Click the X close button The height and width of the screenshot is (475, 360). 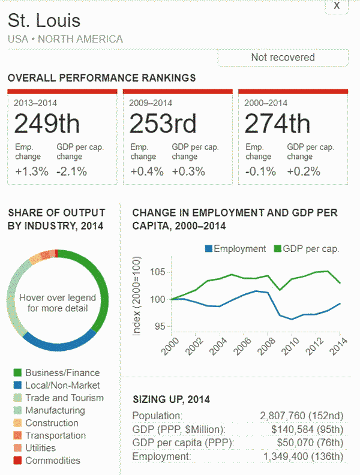(337, 5)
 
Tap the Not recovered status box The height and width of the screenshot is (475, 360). (283, 58)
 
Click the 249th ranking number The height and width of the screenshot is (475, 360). (47, 124)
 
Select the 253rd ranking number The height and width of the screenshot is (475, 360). (163, 124)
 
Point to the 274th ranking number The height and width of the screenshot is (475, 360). (277, 124)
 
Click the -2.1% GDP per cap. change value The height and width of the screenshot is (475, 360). (71, 172)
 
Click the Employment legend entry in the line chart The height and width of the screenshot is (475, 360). (235, 249)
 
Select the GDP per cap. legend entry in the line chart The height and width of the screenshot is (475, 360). (307, 249)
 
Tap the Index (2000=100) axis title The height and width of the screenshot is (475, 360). (137, 296)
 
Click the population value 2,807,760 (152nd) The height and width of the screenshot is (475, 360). (302, 416)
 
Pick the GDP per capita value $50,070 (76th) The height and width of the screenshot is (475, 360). (307, 443)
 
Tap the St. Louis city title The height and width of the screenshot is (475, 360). (44, 21)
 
